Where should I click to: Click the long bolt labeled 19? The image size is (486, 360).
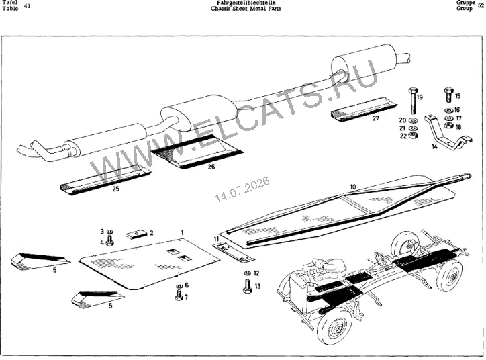[x=412, y=101]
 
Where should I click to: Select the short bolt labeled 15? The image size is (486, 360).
[x=448, y=95]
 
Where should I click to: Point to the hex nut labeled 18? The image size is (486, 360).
[x=448, y=126]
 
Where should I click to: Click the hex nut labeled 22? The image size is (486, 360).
[x=413, y=135]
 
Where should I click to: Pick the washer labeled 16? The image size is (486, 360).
[x=448, y=110]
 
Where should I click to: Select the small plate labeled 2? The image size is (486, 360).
[x=136, y=234]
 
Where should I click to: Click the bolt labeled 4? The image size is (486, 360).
[x=109, y=240]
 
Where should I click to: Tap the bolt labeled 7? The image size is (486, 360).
[x=179, y=296]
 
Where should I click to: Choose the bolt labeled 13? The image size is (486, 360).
[x=247, y=286]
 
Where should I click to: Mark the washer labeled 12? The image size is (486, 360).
[x=247, y=273]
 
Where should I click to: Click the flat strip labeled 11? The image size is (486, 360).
[x=234, y=253]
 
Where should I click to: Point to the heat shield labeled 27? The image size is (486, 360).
[x=364, y=109]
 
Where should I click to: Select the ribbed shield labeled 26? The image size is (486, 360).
[x=197, y=152]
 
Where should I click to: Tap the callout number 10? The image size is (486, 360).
[x=353, y=187]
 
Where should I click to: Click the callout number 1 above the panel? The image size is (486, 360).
[x=183, y=232]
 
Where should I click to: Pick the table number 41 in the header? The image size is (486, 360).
[x=27, y=5]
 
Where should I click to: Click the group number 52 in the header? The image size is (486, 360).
[x=481, y=5]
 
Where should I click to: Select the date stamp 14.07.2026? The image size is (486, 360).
[x=242, y=189]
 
